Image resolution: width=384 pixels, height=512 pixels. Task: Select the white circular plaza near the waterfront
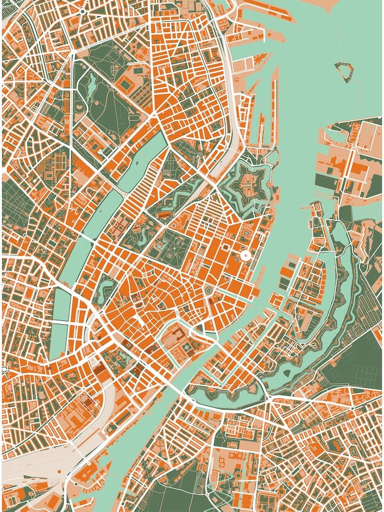(x=245, y=255)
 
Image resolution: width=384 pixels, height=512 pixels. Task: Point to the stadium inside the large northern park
(x=126, y=84)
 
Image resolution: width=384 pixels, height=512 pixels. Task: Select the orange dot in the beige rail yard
(x=87, y=462)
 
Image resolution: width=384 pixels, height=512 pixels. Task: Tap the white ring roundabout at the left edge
(x=4, y=369)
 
